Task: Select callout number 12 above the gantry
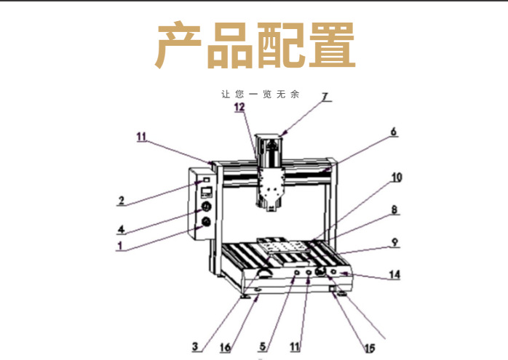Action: coord(240,108)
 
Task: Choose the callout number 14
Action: coord(394,275)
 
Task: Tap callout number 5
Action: coord(264,346)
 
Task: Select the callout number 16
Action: coord(226,347)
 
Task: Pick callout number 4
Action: coord(121,229)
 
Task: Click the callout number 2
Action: coord(122,199)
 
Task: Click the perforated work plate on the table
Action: coord(283,250)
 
